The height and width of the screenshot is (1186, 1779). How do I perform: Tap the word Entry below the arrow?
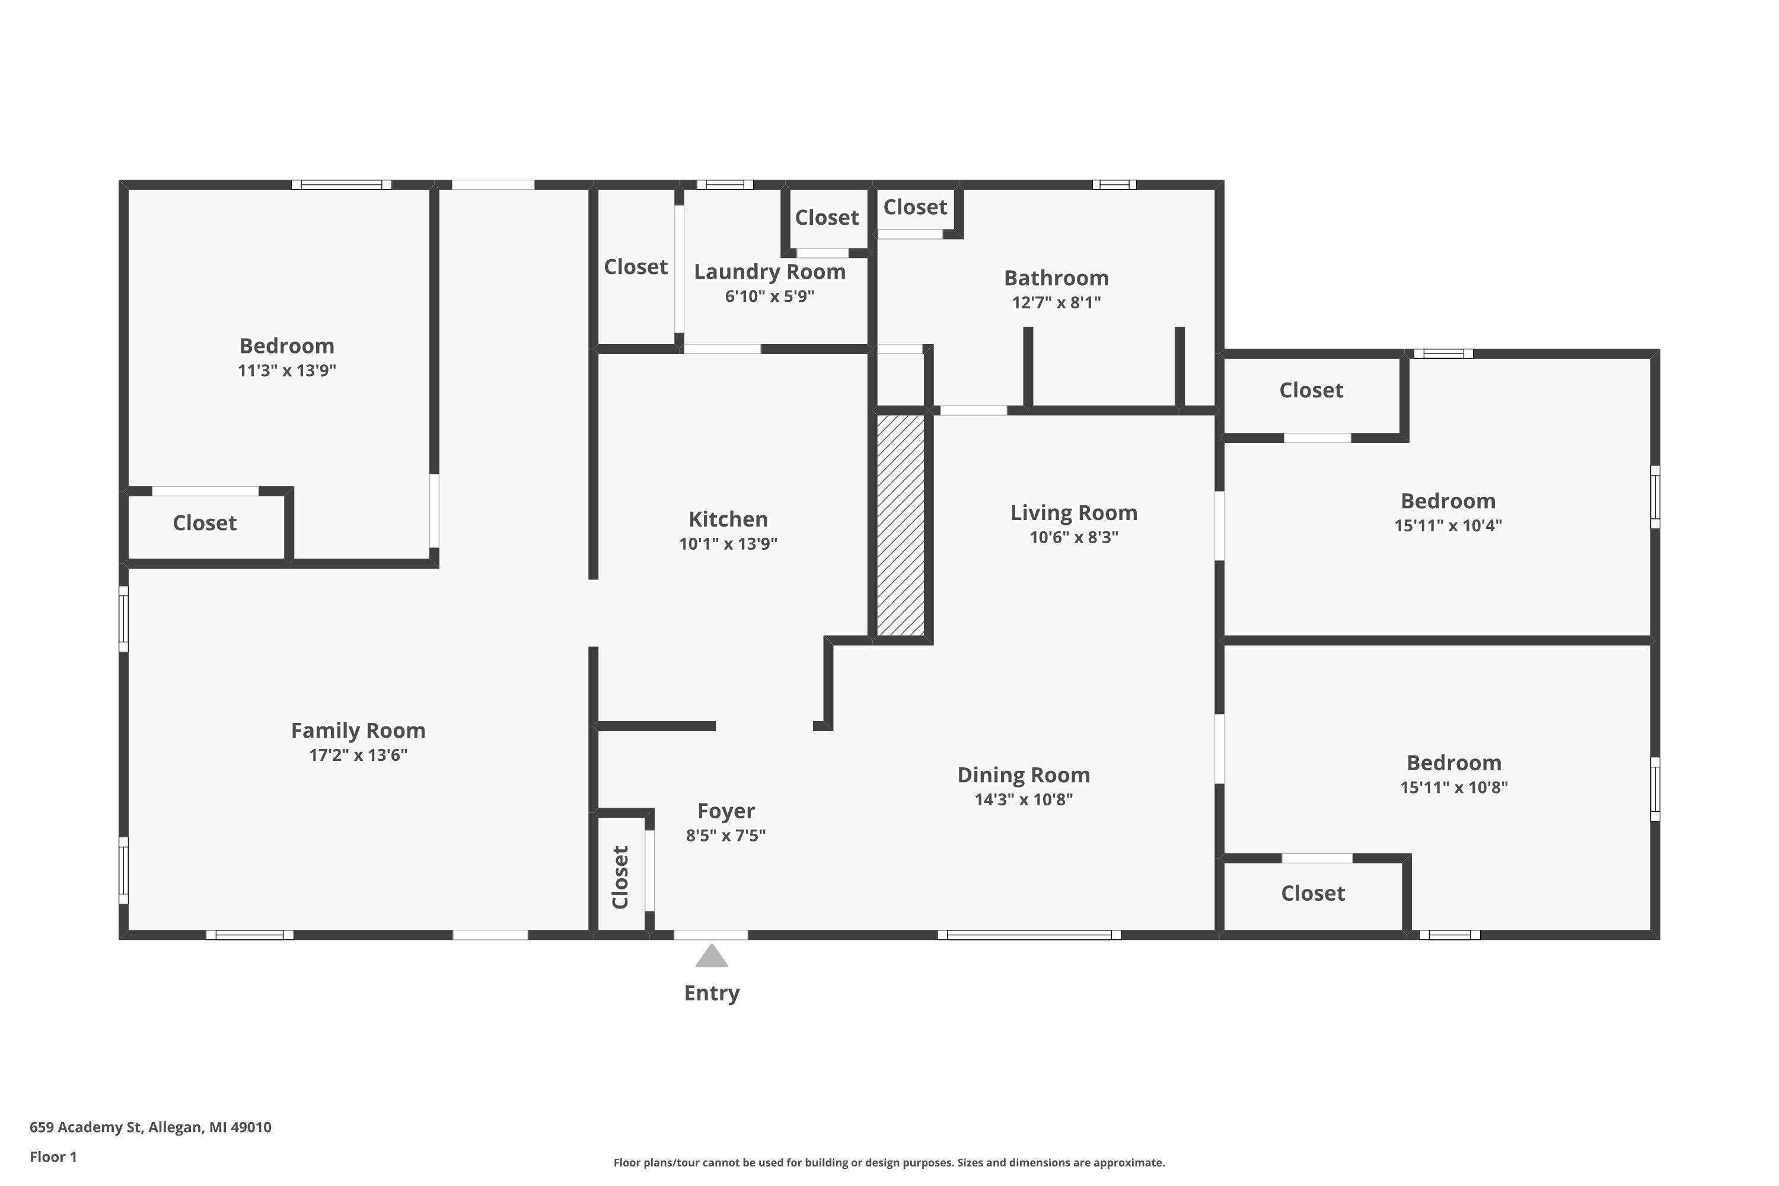(x=712, y=993)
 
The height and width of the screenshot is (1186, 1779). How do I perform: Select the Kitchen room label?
(x=728, y=519)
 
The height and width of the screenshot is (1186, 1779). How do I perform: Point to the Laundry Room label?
(x=769, y=272)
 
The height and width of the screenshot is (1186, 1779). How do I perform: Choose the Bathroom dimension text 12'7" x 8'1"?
(x=1056, y=302)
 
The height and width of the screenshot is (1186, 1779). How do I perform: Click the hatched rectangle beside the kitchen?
(x=900, y=525)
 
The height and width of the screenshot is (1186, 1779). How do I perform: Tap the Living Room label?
(x=1073, y=513)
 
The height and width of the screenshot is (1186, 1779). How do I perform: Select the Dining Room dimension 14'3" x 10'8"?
(x=1024, y=799)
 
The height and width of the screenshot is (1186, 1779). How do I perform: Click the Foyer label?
(x=725, y=811)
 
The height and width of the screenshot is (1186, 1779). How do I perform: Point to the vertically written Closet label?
(x=620, y=878)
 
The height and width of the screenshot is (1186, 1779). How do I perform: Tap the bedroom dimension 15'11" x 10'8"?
(x=1454, y=788)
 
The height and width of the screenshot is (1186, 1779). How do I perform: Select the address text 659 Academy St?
(x=85, y=1127)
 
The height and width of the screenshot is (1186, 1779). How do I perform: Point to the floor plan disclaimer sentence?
(x=889, y=1162)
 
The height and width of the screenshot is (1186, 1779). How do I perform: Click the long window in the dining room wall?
(x=1029, y=935)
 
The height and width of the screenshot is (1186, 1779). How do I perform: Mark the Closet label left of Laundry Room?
(x=635, y=267)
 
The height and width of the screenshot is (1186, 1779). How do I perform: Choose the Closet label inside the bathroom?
(x=915, y=207)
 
